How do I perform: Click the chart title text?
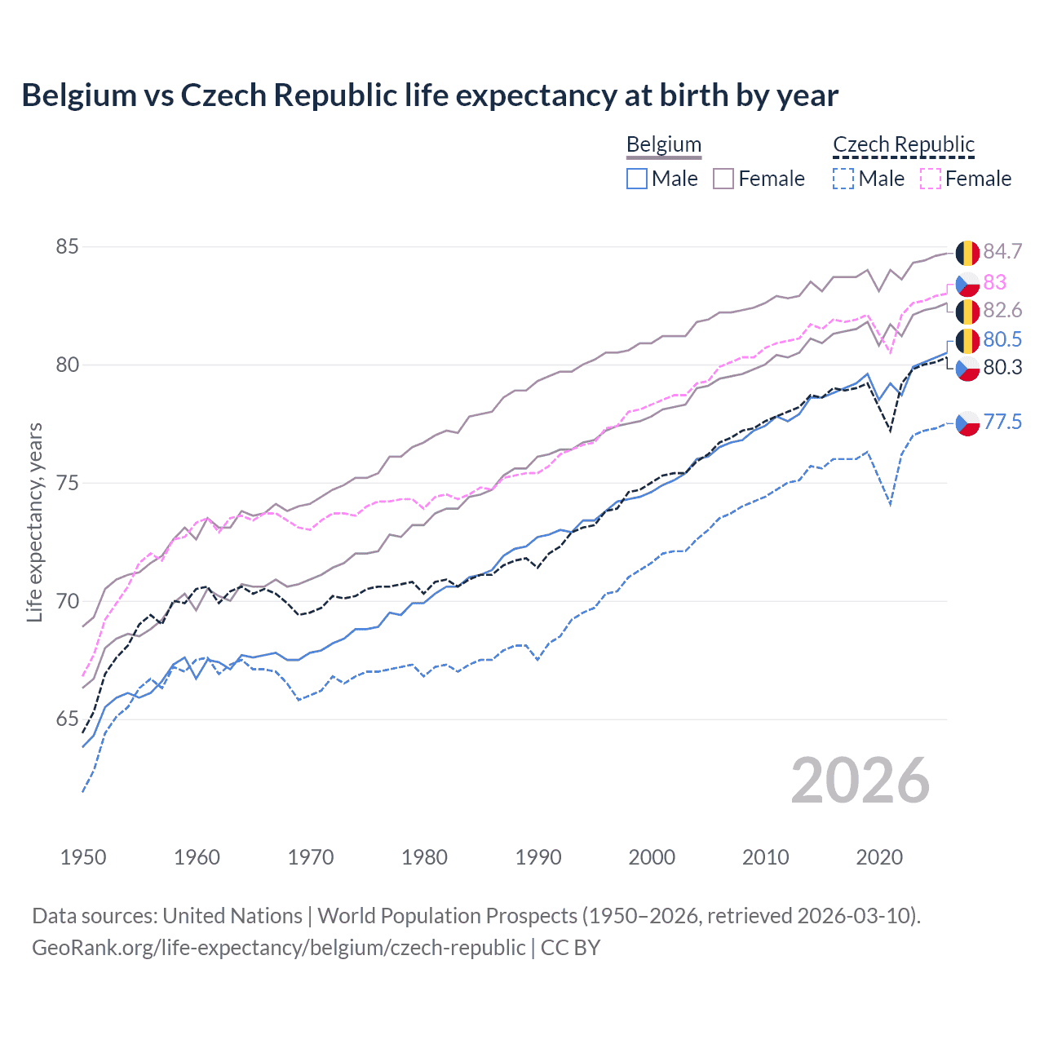[430, 95]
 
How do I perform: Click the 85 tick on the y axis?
[68, 246]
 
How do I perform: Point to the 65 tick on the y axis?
[68, 719]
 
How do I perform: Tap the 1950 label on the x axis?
[83, 857]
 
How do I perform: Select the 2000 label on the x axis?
[652, 857]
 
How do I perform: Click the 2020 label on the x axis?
[879, 857]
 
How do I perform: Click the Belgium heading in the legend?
[664, 144]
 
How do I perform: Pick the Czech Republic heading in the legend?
[904, 144]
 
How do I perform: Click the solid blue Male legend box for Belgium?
[637, 179]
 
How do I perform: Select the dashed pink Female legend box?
[931, 179]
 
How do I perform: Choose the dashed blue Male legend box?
[843, 179]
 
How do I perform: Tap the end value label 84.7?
[1002, 252]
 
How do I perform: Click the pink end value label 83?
[995, 282]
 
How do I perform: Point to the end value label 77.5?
[1002, 422]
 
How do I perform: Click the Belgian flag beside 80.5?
[967, 341]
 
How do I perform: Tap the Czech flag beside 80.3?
[967, 369]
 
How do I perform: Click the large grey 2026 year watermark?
[860, 781]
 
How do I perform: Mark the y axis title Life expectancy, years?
[35, 522]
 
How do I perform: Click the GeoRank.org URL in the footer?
[279, 947]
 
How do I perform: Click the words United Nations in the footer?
[232, 916]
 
